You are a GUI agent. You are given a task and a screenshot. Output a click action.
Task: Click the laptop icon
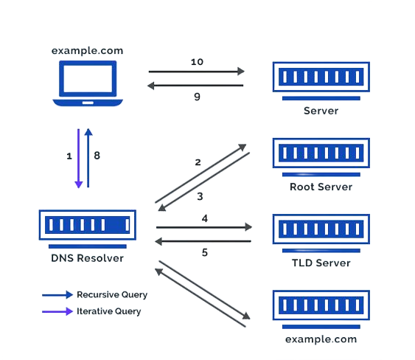point(88,83)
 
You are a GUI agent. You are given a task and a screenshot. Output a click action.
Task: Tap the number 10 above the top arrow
point(197,62)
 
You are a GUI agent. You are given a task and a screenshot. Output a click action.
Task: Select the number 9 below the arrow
point(197,97)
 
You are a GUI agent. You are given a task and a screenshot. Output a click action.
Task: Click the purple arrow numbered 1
point(79,159)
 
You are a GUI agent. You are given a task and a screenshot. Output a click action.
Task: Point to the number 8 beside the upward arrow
point(97,156)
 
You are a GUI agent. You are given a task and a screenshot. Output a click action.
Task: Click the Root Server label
point(321,187)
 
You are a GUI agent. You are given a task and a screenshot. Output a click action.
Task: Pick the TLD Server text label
point(321,263)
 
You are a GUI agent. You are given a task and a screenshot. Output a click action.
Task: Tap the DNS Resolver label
point(87,258)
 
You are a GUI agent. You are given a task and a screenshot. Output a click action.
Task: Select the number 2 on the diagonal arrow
point(198,162)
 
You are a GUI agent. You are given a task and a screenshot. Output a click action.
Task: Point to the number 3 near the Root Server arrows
point(200,196)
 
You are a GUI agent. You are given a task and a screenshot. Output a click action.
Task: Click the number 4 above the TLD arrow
point(205,218)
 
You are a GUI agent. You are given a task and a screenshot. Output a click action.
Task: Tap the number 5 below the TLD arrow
point(205,252)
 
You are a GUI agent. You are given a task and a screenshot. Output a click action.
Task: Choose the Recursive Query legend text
point(112,295)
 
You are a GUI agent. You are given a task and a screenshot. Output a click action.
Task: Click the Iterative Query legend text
point(109,311)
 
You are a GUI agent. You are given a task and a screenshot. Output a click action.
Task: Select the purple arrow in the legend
point(57,311)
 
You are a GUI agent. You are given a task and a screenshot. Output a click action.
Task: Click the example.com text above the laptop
point(87,51)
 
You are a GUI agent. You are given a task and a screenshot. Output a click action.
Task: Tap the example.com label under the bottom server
point(321,339)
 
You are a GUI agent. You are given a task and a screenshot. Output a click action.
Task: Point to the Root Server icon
point(321,157)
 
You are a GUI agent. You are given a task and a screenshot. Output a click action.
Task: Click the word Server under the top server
point(321,111)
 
